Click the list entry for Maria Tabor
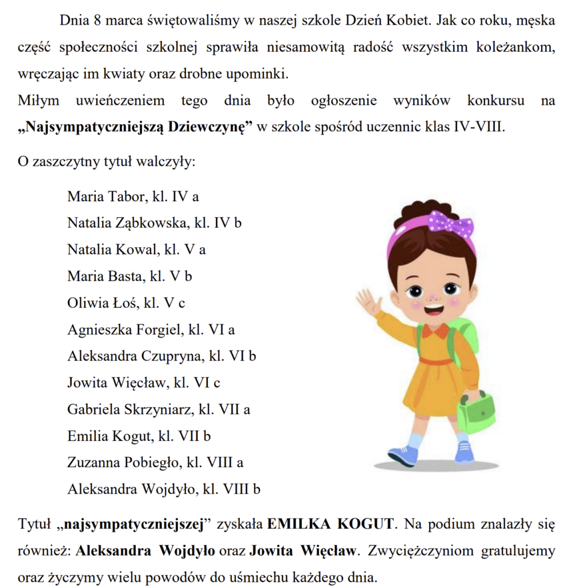click(x=133, y=197)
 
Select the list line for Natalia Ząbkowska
click(x=154, y=223)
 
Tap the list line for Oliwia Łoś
click(x=126, y=303)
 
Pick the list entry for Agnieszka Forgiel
click(x=151, y=330)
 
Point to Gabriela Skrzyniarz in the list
click(x=159, y=409)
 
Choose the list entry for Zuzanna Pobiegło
click(x=155, y=463)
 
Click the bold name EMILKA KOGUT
click(x=331, y=523)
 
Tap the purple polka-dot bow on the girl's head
click(x=450, y=225)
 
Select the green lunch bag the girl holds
click(x=475, y=412)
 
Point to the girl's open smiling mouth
click(x=434, y=309)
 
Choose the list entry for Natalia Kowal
click(x=136, y=250)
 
